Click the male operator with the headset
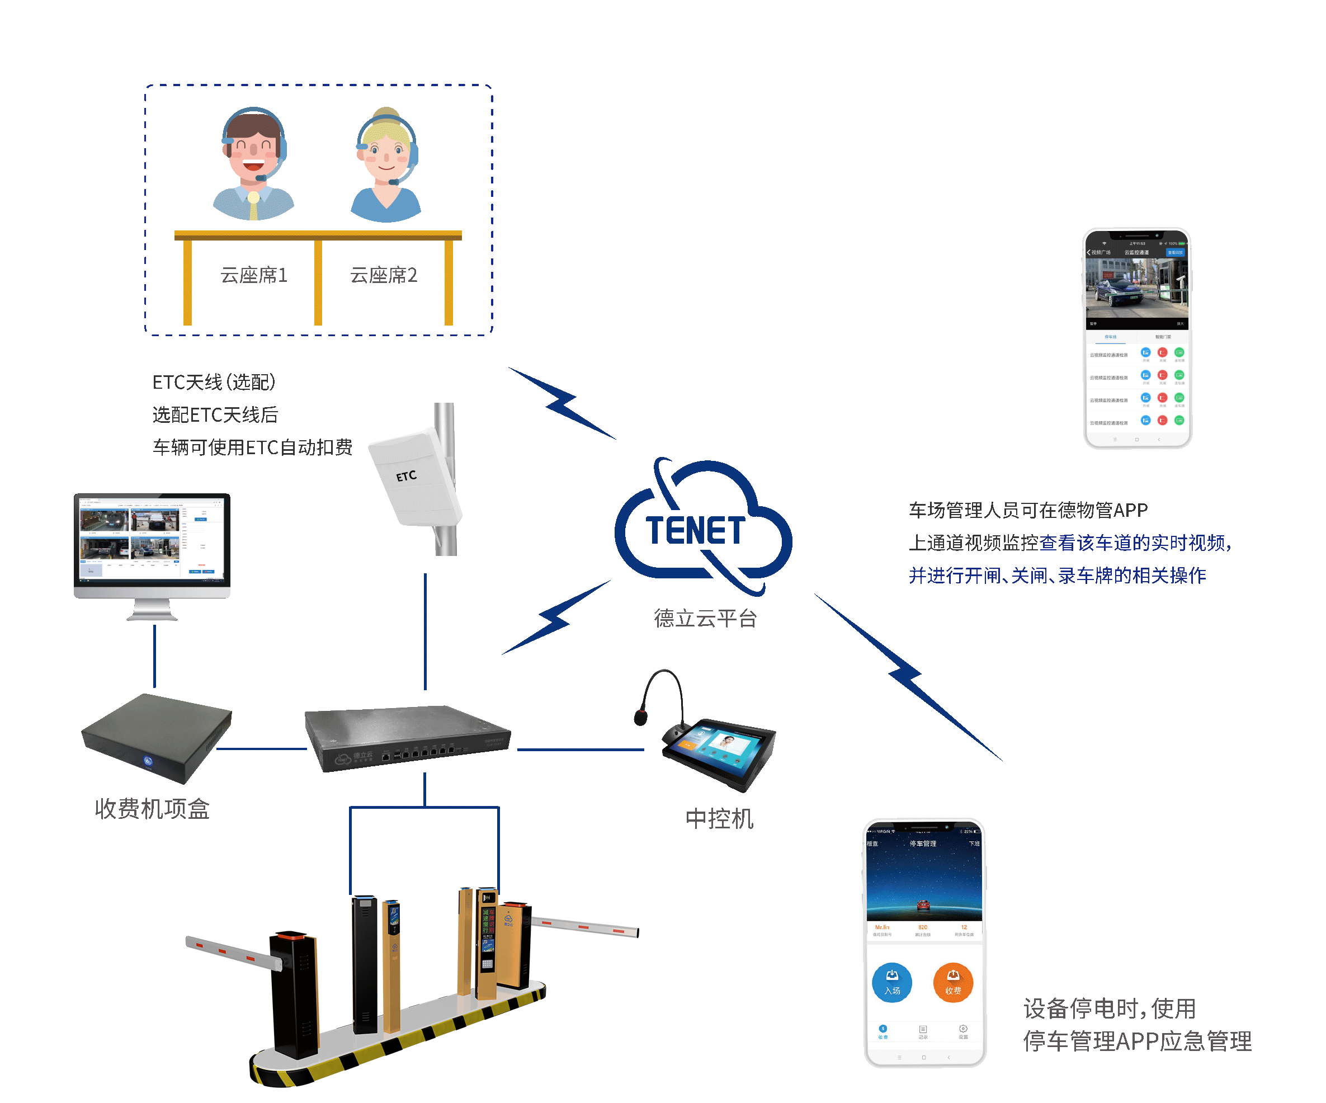point(253,164)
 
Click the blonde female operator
point(386,166)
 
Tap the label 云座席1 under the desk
point(254,275)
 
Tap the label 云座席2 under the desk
point(384,275)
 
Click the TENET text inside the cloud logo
point(695,530)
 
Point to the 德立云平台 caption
point(705,618)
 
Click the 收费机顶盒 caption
point(152,809)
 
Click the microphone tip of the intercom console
point(641,717)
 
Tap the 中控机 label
point(719,819)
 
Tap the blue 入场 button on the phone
point(891,982)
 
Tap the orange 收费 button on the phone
point(953,982)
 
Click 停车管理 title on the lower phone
point(923,843)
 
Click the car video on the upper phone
point(1136,287)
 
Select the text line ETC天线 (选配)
point(214,382)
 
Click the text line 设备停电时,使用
point(1110,1008)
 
